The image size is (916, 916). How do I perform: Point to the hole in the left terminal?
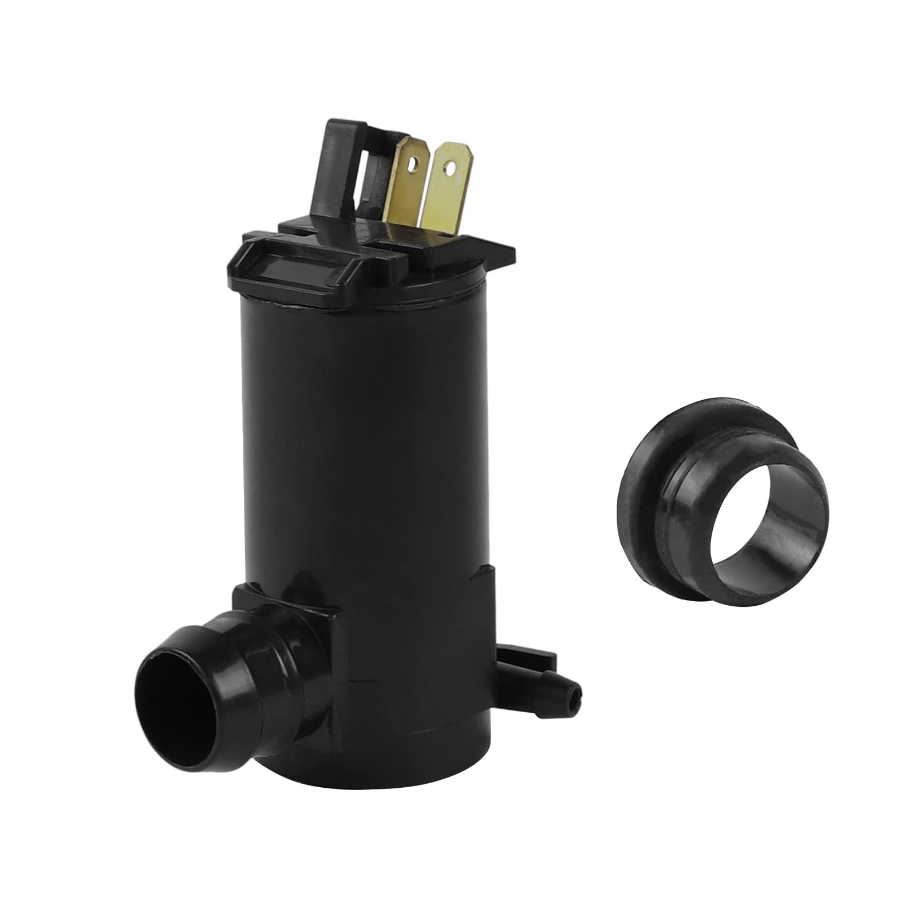[x=412, y=167]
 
